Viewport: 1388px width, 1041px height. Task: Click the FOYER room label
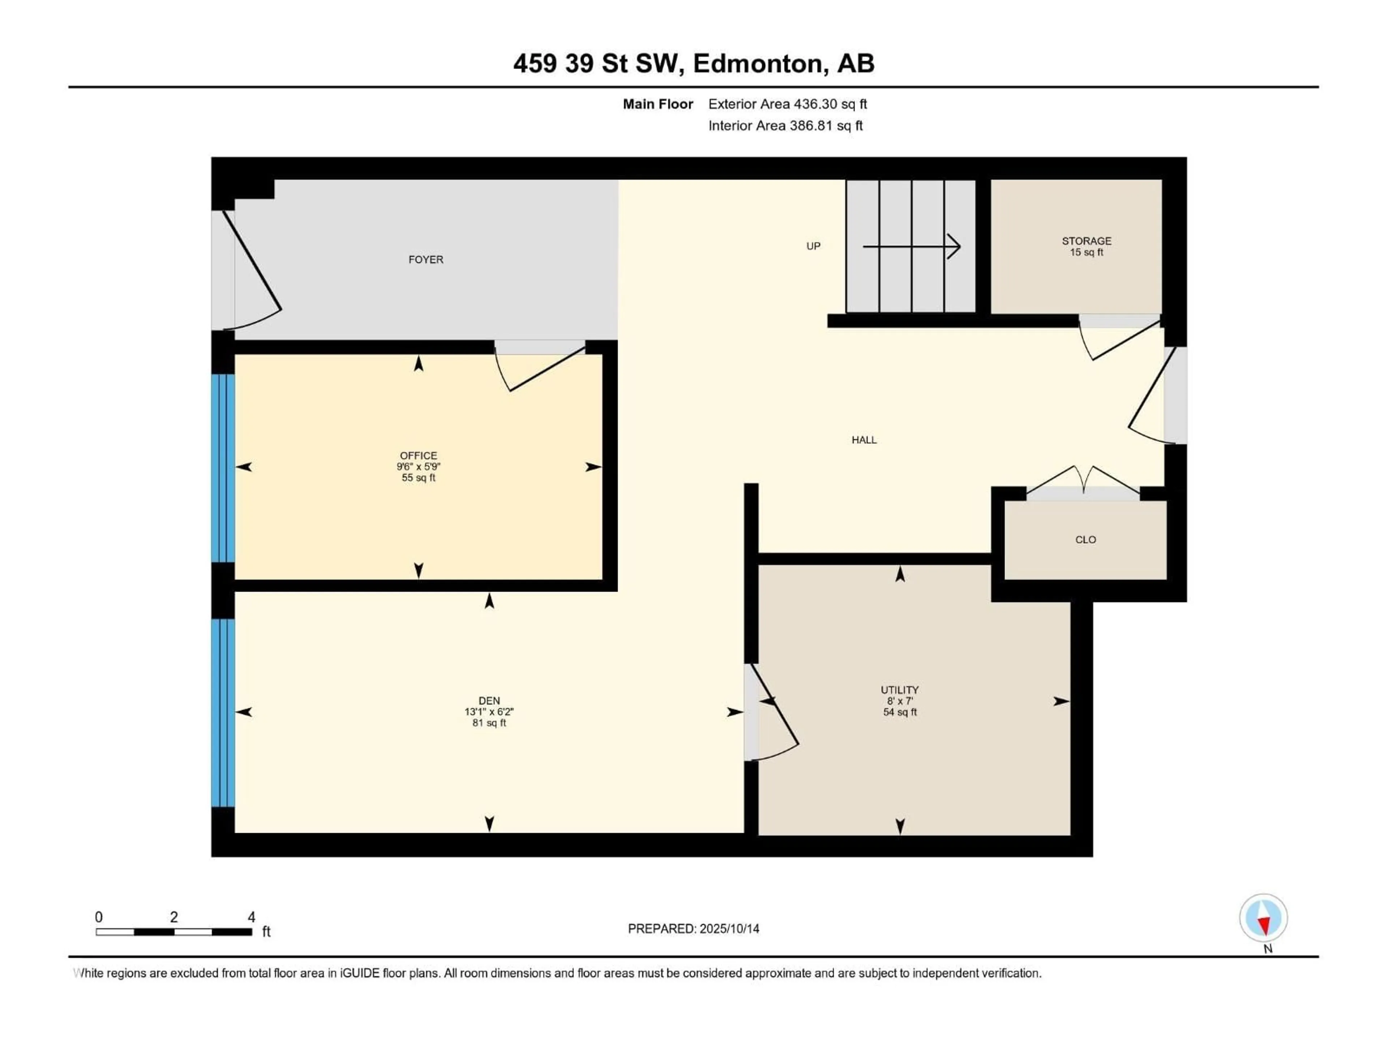click(425, 259)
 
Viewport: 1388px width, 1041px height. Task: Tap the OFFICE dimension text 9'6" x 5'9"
click(419, 466)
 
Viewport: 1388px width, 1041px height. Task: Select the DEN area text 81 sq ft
click(489, 723)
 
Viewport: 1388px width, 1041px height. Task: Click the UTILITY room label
click(899, 690)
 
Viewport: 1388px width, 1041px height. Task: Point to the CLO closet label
click(1085, 540)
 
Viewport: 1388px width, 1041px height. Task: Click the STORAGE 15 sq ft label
click(1086, 246)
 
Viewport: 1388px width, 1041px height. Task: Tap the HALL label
click(864, 440)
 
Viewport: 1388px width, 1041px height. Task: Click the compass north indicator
click(1263, 918)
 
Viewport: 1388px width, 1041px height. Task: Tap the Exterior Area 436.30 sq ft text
click(788, 104)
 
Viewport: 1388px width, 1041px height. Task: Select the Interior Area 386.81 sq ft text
click(785, 125)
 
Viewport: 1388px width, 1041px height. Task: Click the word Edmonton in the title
click(757, 63)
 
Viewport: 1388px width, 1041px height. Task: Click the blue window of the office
click(223, 467)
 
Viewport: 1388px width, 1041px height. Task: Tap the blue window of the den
click(223, 712)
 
